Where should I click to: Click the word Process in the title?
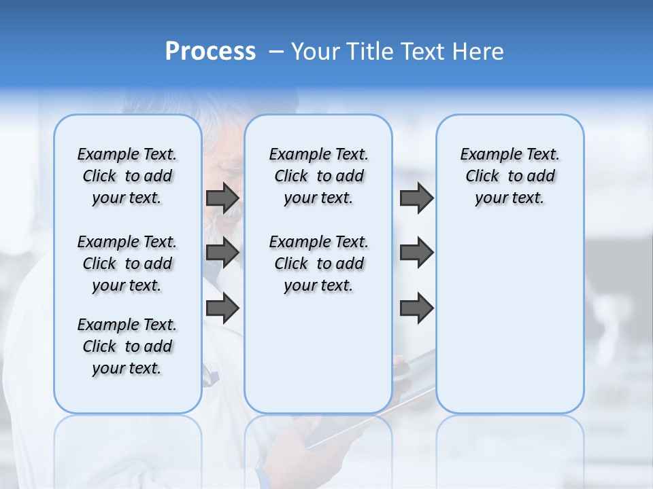tap(210, 52)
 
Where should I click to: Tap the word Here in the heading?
tap(478, 52)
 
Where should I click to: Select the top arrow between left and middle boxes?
tap(222, 198)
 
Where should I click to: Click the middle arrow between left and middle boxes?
tap(222, 253)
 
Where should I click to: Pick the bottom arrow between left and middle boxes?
tap(222, 308)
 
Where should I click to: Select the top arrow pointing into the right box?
tap(416, 198)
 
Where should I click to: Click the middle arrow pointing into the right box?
tap(416, 253)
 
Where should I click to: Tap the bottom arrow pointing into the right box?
tap(416, 308)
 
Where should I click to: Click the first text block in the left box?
tap(127, 176)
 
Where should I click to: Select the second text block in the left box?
tap(127, 264)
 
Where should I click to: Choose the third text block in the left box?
tap(127, 346)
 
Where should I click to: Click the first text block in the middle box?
tap(318, 176)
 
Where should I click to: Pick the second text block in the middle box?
tap(318, 264)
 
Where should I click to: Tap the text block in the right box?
tap(509, 176)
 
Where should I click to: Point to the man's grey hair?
tap(218, 129)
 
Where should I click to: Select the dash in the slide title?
tap(275, 52)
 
